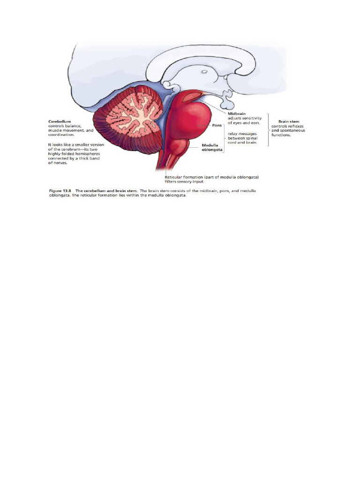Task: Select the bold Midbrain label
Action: [237, 113]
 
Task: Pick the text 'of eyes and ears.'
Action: [244, 122]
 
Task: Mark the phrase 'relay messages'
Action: [240, 133]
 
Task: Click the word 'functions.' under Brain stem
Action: [281, 135]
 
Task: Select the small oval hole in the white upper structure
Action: [205, 72]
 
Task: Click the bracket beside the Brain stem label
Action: [268, 129]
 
